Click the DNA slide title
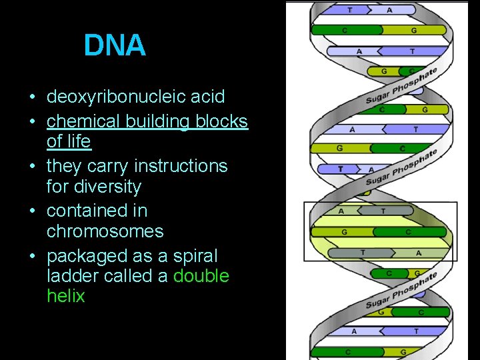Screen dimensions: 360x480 (x=115, y=45)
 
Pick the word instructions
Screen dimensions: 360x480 (x=181, y=166)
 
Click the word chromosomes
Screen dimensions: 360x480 (x=105, y=231)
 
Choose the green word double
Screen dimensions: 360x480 (x=201, y=276)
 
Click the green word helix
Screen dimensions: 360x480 (x=66, y=296)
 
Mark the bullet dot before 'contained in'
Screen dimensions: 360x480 (x=33, y=211)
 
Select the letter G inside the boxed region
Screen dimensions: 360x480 (x=344, y=232)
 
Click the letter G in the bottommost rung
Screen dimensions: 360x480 (x=402, y=351)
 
